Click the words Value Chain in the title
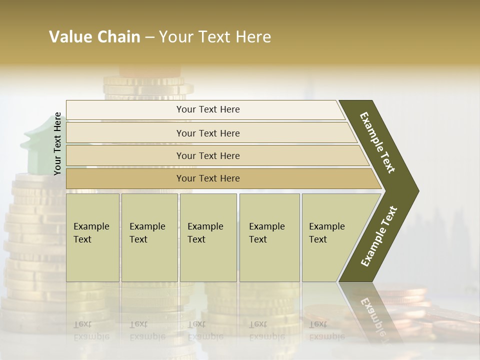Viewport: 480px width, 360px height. coord(94,37)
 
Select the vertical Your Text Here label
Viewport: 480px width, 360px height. coord(58,144)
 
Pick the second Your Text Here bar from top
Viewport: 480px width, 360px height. coord(208,133)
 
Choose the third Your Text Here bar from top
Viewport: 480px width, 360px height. coord(208,155)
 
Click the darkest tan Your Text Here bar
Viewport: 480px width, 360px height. coord(208,178)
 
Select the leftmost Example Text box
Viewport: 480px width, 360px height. coord(92,237)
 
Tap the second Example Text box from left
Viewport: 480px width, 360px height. coord(149,237)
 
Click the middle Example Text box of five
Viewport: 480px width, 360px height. coord(208,237)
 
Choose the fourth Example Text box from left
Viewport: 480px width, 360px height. coord(269,237)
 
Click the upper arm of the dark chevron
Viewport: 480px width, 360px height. coord(378,142)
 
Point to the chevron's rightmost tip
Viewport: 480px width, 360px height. coord(417,190)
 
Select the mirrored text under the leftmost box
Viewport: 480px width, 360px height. coord(91,330)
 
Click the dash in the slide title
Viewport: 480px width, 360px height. coord(149,37)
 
